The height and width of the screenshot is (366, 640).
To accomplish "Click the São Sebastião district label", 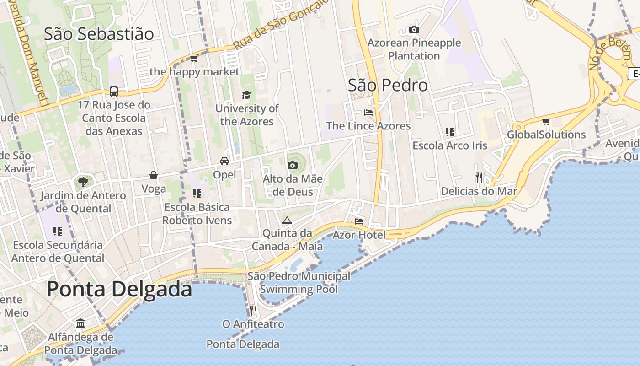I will click(x=99, y=34).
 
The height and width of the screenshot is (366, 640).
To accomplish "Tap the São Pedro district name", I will click(x=388, y=85).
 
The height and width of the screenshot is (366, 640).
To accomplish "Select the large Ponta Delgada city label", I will click(x=119, y=289).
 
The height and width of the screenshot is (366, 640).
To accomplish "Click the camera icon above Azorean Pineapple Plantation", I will click(x=414, y=30).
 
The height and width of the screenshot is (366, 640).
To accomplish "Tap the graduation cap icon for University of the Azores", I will click(x=247, y=95).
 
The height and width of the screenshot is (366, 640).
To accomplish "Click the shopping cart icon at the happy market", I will click(x=194, y=58).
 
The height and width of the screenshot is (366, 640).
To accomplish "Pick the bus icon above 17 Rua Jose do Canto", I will click(x=114, y=91).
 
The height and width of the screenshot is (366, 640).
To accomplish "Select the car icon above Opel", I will click(x=224, y=161).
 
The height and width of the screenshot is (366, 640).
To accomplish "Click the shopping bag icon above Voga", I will click(x=154, y=175).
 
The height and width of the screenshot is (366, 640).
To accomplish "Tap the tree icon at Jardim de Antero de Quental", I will click(x=83, y=182).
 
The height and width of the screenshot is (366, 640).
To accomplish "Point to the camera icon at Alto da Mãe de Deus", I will click(x=293, y=165).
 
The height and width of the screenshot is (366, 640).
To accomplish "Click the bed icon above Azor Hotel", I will click(x=359, y=221).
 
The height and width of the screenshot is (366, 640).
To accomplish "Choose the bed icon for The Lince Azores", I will click(x=368, y=113).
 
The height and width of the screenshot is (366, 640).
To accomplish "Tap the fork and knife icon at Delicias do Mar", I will click(x=479, y=178).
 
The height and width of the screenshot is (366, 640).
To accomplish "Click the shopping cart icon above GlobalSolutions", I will click(x=546, y=121).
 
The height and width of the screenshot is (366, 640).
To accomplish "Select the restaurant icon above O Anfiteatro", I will click(x=253, y=311).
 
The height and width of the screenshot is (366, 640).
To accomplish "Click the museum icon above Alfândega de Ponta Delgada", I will click(x=81, y=323).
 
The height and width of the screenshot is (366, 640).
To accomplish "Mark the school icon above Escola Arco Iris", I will click(x=450, y=132).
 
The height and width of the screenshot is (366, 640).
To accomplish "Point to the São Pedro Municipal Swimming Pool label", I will click(x=299, y=283).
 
